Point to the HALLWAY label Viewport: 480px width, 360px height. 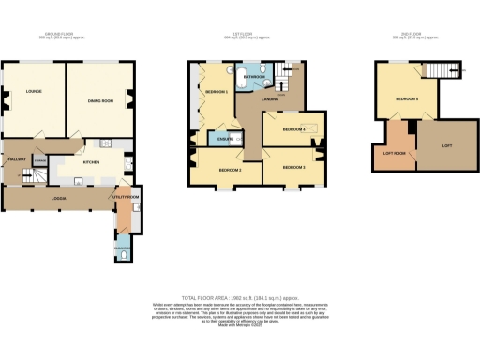click(x=16, y=160)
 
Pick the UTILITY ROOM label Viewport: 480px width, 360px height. click(x=127, y=197)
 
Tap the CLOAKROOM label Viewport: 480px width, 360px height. click(x=123, y=247)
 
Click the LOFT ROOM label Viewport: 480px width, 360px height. click(x=393, y=152)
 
